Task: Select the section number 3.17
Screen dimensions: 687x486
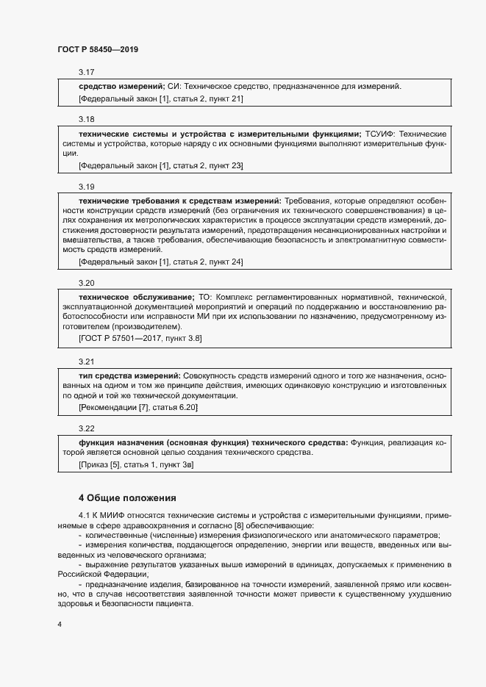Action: click(x=87, y=72)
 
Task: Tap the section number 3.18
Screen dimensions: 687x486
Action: click(x=87, y=119)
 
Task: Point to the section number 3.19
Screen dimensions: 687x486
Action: click(x=87, y=187)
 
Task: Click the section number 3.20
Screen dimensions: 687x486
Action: click(x=87, y=283)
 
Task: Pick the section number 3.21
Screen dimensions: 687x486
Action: click(x=87, y=362)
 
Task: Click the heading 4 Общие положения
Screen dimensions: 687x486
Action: click(x=127, y=497)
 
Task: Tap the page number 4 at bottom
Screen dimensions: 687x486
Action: click(x=60, y=625)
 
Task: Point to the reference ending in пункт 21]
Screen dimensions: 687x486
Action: click(x=160, y=98)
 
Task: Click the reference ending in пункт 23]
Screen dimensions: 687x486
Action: click(x=160, y=166)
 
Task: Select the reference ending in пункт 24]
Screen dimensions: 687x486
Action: click(x=160, y=262)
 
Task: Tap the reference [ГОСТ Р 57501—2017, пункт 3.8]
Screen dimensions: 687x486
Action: click(x=140, y=338)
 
